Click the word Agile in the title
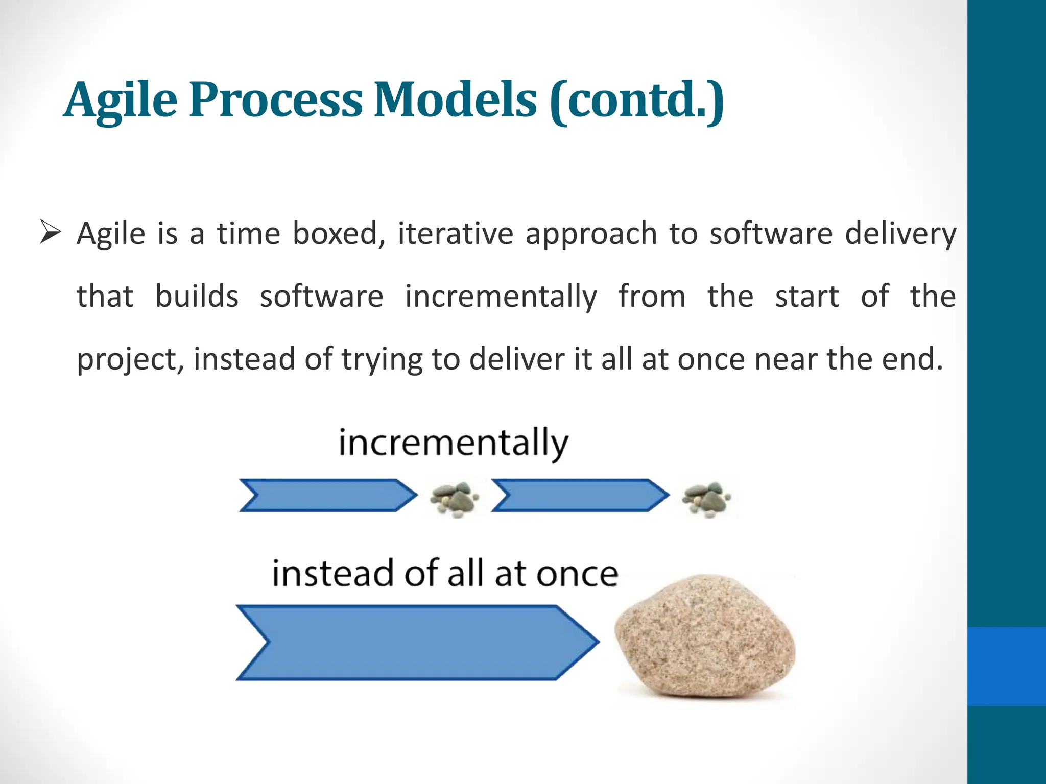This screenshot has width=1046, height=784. click(121, 100)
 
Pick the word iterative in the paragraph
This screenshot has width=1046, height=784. click(456, 234)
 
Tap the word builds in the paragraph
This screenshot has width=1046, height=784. click(197, 297)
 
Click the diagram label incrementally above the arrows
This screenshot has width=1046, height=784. click(454, 443)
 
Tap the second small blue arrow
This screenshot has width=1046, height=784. click(580, 495)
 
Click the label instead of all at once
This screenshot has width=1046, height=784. click(445, 574)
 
